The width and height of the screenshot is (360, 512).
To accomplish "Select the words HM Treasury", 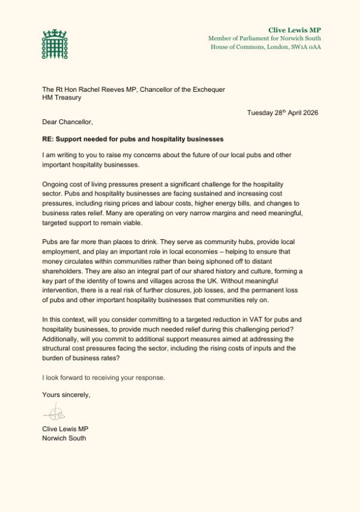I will coord(61,98).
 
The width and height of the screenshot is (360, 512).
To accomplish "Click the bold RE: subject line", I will coord(133,138).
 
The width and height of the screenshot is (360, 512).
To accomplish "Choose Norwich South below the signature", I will coord(64,438).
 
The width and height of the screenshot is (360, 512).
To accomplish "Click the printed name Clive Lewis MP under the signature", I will coord(65,429).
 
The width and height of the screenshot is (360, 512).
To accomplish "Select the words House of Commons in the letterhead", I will coord(234,47).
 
